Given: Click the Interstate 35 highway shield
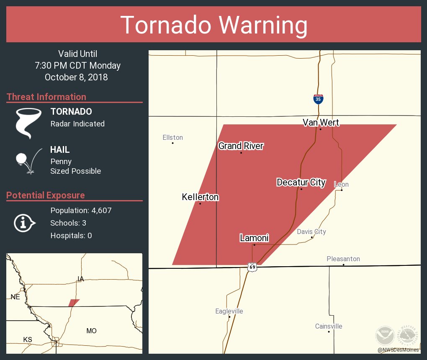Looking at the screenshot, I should click(x=318, y=99).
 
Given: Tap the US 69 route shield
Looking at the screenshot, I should click(x=252, y=267).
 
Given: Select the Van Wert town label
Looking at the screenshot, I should click(x=321, y=122).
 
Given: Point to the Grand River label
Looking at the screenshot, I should click(x=241, y=146).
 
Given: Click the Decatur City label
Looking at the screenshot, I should click(x=301, y=182).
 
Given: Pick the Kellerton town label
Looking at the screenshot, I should click(x=200, y=197).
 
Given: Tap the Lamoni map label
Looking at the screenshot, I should click(x=254, y=238).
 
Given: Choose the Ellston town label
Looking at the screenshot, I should click(x=172, y=137).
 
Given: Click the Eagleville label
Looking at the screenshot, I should click(x=229, y=311).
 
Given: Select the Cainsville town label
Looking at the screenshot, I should click(x=329, y=326).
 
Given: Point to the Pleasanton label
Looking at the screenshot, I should click(x=343, y=259).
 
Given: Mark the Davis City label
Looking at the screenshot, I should click(x=311, y=231).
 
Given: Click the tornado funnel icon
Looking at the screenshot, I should click(x=28, y=123).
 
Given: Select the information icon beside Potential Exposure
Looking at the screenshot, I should click(x=24, y=223).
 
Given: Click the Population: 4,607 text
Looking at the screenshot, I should click(x=81, y=211).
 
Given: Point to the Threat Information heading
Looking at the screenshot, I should click(x=46, y=97).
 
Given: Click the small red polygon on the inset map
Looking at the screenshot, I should click(x=74, y=303).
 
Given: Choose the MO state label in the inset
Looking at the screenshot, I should click(x=91, y=331).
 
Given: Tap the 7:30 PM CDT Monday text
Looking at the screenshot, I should click(x=78, y=65).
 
